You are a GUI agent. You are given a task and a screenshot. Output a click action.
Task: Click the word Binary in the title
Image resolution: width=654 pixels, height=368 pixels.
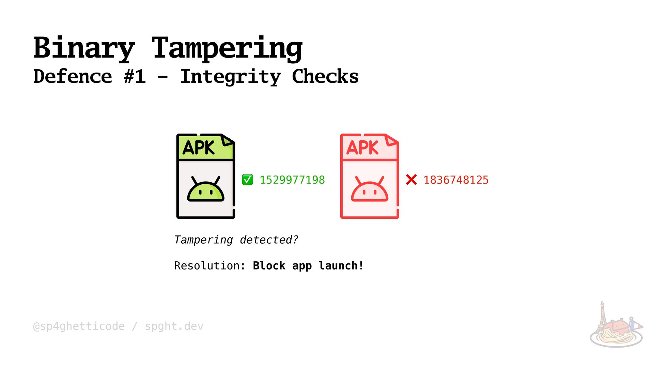(84, 48)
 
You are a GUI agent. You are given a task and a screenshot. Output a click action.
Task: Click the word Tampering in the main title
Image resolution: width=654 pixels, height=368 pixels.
(227, 48)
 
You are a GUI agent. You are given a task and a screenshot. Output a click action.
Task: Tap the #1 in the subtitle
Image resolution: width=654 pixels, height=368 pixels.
(135, 76)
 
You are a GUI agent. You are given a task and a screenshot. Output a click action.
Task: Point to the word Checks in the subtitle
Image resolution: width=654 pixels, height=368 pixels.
(325, 76)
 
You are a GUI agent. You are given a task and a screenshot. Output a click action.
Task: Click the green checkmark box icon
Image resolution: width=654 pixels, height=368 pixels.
(247, 180)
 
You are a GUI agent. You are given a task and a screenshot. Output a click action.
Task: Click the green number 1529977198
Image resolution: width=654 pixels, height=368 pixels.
(292, 180)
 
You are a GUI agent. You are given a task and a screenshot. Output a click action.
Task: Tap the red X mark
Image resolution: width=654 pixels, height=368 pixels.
(411, 180)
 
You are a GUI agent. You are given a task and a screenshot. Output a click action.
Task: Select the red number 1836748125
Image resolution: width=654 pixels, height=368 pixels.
(456, 180)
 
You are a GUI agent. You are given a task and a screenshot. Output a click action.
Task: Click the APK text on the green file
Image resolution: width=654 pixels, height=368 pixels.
(199, 148)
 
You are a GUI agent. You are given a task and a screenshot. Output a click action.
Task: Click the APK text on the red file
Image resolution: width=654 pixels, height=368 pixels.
(362, 148)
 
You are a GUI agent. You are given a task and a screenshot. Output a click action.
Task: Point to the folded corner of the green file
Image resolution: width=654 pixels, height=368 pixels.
(227, 140)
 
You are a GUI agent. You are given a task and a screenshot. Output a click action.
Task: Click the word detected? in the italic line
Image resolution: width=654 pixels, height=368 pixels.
(269, 240)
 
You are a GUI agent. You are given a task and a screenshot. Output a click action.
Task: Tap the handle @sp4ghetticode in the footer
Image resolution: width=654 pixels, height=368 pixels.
(79, 326)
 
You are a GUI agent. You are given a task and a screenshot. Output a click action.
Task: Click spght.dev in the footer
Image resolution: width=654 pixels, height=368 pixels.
(174, 326)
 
